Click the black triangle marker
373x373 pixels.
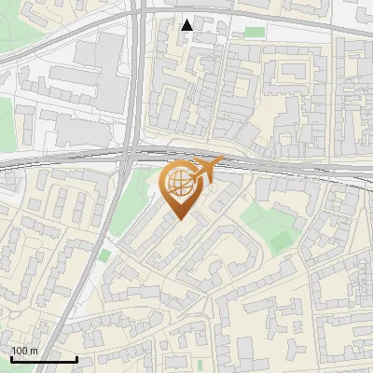187,24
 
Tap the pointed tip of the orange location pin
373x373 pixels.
179,220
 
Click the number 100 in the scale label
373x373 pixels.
21,351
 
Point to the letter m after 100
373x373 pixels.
35,351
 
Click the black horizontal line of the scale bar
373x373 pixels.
43,359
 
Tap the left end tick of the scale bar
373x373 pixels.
10,357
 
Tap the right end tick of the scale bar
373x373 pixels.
76,357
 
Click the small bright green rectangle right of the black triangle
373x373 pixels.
254,31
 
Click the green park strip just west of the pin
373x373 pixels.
131,200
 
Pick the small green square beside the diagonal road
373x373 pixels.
104,255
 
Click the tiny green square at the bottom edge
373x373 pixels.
199,364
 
